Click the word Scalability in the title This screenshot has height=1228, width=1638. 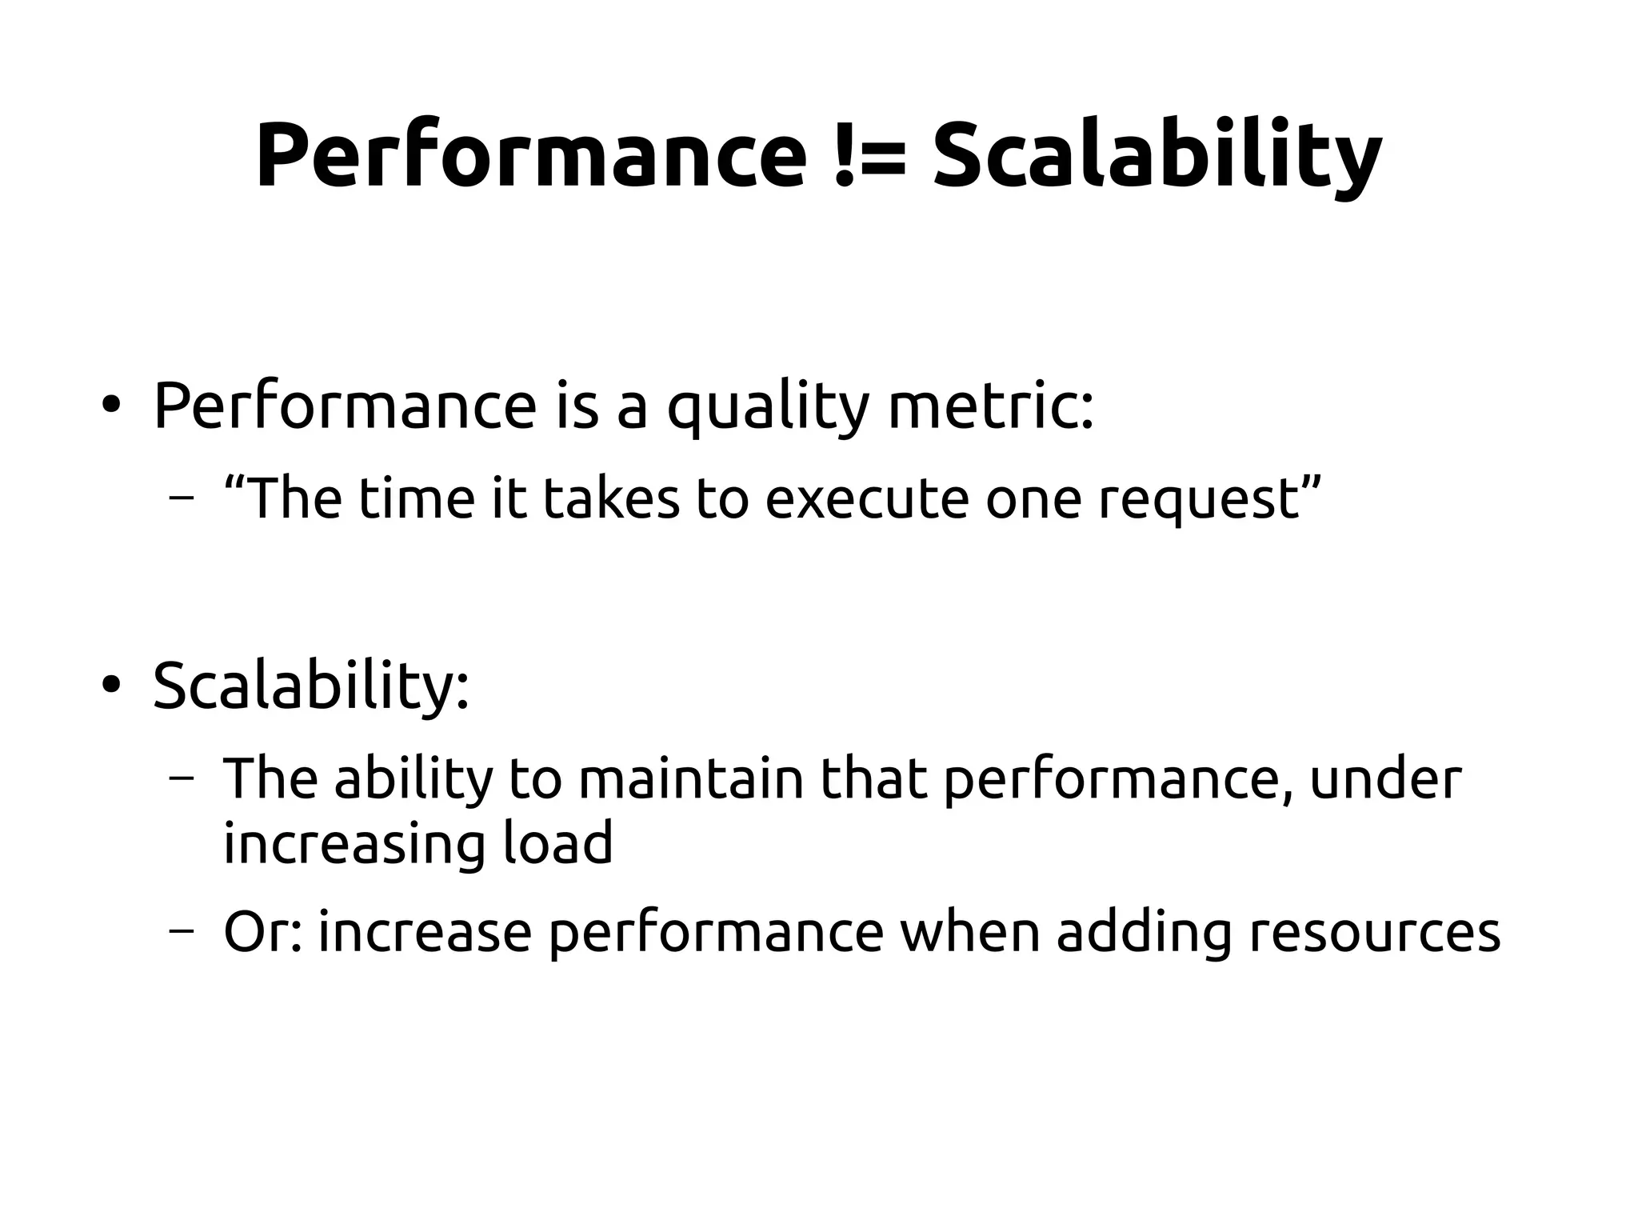(x=1157, y=156)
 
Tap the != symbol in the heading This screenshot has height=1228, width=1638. (x=870, y=156)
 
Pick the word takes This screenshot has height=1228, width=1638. (x=611, y=498)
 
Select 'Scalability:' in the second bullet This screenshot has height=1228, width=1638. (x=310, y=685)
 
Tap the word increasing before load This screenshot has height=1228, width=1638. (x=354, y=845)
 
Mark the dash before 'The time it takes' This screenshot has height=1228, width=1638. (x=182, y=499)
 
